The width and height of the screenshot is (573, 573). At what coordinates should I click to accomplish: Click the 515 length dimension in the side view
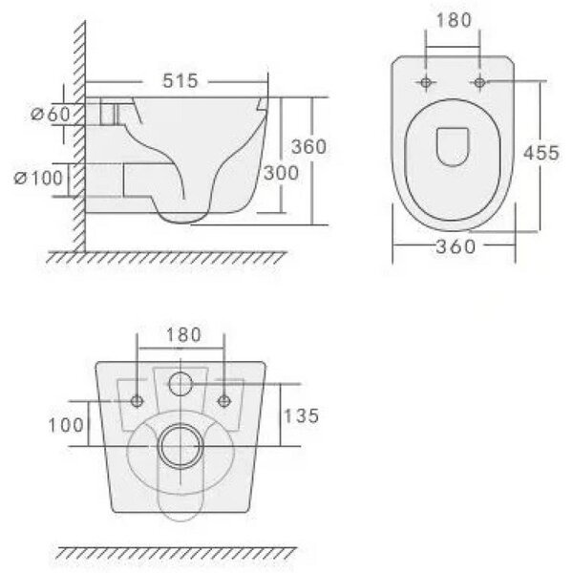(180, 81)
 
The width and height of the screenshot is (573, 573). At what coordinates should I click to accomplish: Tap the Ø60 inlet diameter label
(50, 115)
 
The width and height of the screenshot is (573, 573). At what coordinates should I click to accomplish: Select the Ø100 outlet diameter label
(38, 179)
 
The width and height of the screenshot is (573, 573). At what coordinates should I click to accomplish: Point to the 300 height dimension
(281, 173)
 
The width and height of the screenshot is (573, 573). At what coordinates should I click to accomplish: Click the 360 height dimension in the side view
(308, 146)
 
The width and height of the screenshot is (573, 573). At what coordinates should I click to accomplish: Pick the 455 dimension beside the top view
(541, 153)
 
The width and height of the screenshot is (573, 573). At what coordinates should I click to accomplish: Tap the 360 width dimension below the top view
(456, 246)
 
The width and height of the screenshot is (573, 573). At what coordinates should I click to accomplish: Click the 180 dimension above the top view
(454, 20)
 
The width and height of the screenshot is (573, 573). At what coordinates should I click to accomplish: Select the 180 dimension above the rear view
(183, 335)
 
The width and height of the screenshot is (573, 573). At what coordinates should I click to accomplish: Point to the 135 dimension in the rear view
(301, 415)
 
